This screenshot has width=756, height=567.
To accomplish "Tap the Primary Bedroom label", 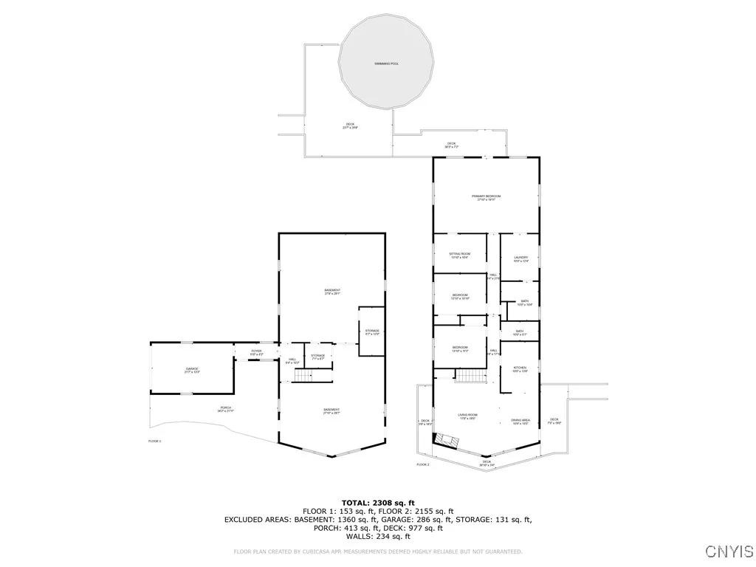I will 487,196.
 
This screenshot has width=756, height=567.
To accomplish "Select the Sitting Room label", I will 460,254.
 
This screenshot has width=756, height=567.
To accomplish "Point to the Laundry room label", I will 521,258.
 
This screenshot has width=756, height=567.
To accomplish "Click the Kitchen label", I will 520,368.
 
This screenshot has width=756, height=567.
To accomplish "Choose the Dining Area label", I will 521,421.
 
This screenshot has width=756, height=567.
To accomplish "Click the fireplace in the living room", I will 445,441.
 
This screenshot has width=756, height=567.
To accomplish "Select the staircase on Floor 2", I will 467,376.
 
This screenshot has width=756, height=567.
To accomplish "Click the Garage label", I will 192,370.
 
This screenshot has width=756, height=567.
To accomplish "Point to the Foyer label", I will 256,352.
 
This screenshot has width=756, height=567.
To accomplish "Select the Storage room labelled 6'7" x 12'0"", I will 371,331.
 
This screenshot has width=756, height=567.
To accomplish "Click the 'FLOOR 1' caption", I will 154,441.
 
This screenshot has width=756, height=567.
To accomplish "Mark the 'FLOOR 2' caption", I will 422,464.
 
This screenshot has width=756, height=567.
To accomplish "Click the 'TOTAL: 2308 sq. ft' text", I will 377,502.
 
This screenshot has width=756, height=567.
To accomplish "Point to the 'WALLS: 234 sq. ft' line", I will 377,537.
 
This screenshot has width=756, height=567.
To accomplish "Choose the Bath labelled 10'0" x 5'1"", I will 520,332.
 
